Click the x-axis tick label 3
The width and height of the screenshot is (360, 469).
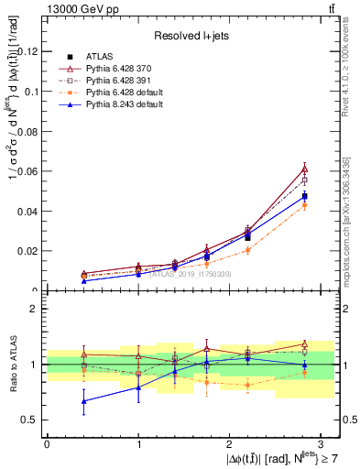pos(322,443)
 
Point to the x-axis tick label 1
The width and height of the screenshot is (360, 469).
pos(138,443)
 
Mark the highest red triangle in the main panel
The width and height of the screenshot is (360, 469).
pos(304,169)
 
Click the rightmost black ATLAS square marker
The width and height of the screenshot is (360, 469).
pos(304,196)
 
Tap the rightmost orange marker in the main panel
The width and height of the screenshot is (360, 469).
pos(304,205)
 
